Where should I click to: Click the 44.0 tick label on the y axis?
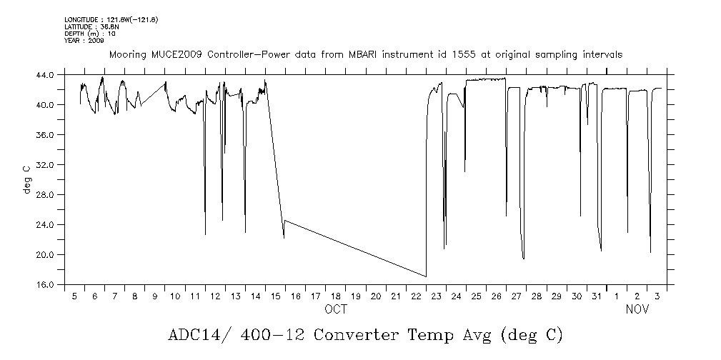[45, 75]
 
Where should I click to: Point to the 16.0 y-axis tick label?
[45, 285]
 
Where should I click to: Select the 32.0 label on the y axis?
[45, 165]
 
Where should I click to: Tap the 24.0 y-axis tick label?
[45, 225]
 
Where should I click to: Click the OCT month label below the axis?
[336, 309]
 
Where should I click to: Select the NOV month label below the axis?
[637, 309]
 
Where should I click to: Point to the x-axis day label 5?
[74, 296]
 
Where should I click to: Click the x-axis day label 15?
[276, 296]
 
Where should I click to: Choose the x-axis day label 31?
[597, 296]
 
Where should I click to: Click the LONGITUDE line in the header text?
[111, 19]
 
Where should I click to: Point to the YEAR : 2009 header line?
[84, 41]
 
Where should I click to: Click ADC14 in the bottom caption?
[194, 335]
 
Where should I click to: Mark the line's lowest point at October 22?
[426, 276]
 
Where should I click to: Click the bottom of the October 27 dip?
[524, 259]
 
